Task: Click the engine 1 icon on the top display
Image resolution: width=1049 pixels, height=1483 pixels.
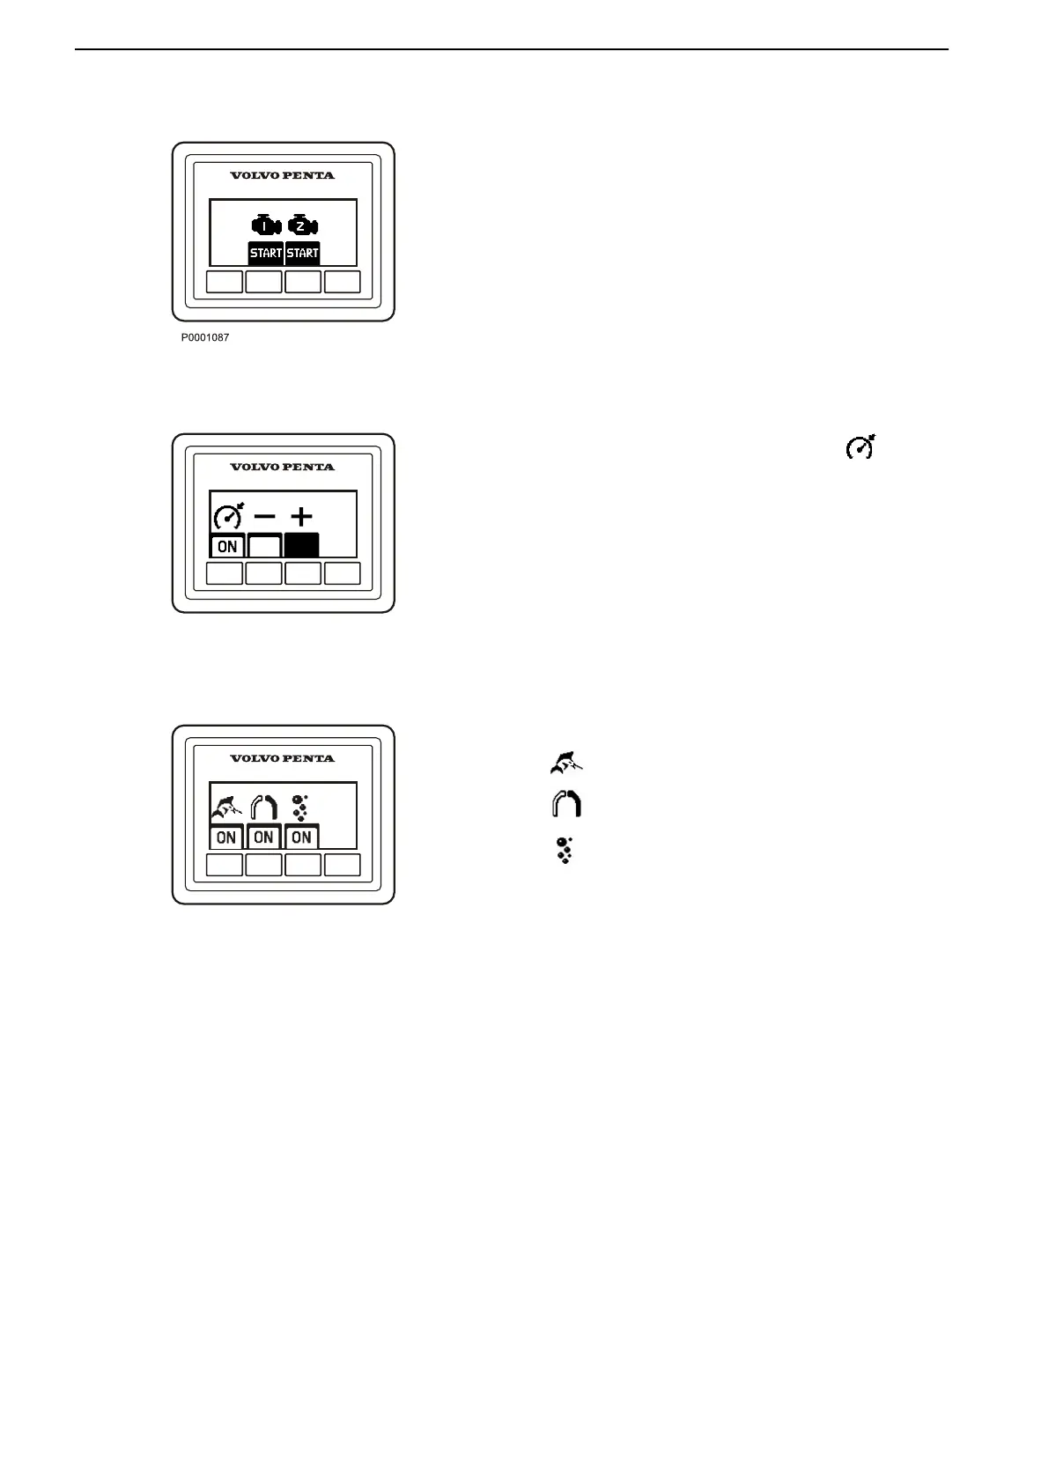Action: tap(266, 226)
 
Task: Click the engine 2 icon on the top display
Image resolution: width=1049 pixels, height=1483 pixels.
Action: tap(302, 226)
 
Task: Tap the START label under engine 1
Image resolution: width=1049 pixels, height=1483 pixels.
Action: tap(266, 253)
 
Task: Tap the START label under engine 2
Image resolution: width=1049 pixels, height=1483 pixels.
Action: tap(302, 253)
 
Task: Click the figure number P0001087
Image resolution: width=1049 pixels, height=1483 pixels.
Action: tap(205, 337)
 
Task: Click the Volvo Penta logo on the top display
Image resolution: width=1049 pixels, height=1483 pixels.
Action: tap(283, 175)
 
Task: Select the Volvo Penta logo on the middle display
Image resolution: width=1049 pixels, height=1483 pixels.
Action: tap(283, 467)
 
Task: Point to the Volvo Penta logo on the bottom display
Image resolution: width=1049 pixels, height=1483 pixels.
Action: tap(283, 758)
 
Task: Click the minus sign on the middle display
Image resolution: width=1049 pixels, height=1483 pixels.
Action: tap(265, 517)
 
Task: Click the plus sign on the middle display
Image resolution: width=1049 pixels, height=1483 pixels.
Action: tap(301, 517)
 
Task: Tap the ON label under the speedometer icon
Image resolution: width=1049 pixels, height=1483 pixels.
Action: tap(227, 546)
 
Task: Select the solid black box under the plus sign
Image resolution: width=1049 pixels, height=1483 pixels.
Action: tap(301, 545)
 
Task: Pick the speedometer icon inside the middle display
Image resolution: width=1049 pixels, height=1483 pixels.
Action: tap(228, 517)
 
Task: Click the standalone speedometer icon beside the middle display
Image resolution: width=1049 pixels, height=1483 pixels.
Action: tap(861, 447)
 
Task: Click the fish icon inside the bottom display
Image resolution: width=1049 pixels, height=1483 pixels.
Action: tap(226, 808)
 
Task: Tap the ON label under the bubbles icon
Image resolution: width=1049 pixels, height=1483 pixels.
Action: tap(301, 837)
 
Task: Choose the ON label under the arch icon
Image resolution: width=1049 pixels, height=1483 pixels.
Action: tap(263, 837)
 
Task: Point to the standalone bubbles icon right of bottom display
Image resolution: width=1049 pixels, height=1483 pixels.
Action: tap(565, 849)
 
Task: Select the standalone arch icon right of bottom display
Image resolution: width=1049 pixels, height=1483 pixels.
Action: tap(566, 805)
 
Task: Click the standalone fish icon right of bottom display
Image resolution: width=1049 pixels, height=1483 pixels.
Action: tap(566, 763)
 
